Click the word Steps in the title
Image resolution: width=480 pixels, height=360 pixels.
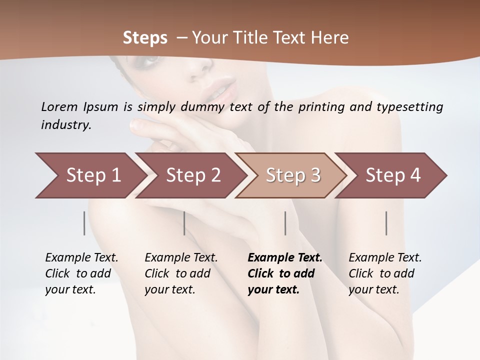(x=145, y=38)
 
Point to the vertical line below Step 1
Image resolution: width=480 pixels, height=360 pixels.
(x=84, y=223)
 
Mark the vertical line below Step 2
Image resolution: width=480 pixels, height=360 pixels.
(x=184, y=223)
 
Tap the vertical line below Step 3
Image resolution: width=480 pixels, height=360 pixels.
(x=285, y=223)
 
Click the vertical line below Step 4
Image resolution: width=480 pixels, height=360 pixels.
(x=386, y=223)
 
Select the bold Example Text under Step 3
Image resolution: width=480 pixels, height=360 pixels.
(x=285, y=258)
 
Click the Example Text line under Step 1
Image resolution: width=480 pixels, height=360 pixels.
(x=81, y=258)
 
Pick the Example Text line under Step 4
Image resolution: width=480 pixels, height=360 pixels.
(x=385, y=258)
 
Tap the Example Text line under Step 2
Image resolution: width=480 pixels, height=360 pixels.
(x=181, y=258)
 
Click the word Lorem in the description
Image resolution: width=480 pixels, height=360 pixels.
(x=59, y=107)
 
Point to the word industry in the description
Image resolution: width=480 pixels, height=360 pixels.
(x=66, y=125)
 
